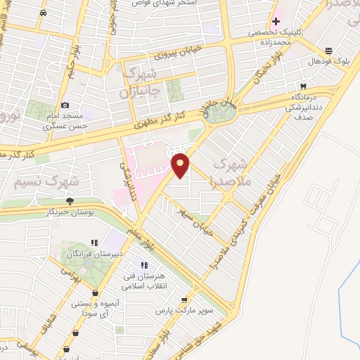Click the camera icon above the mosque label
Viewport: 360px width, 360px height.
click(x=65, y=104)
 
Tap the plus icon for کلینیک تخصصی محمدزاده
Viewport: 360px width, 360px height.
click(x=276, y=21)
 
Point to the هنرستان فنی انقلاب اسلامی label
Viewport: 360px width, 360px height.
click(x=143, y=279)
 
